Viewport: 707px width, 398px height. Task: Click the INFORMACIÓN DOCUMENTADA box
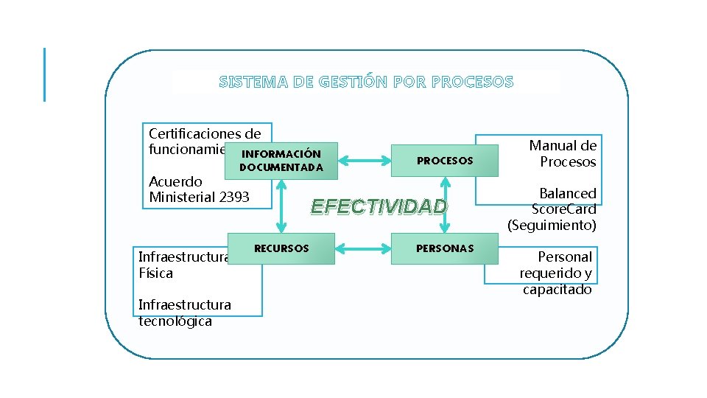point(281,161)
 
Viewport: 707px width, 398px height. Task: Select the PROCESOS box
point(444,161)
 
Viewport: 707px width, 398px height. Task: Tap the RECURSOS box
point(281,248)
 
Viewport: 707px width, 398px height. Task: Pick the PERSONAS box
point(444,248)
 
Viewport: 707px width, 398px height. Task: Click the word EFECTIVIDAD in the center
point(379,206)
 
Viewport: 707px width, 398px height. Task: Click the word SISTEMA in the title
point(253,82)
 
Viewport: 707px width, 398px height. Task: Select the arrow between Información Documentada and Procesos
point(364,158)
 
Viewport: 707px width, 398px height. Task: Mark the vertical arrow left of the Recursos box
point(281,206)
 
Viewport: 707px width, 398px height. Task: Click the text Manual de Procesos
point(563,154)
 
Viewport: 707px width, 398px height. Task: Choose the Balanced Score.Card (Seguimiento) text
point(552,209)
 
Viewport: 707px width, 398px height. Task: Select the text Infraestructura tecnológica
point(184,313)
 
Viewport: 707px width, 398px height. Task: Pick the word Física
point(155,273)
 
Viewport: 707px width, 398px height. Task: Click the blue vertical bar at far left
point(44,74)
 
